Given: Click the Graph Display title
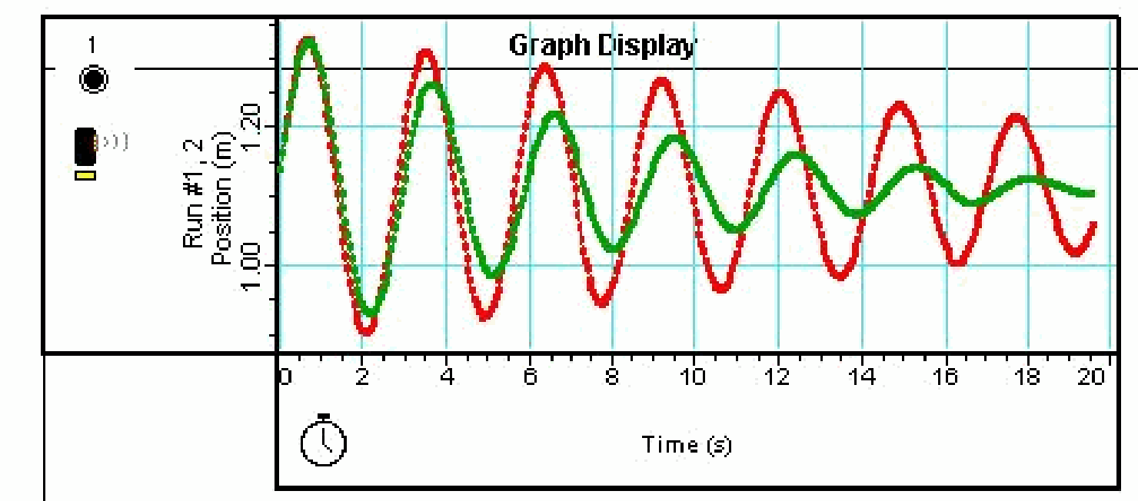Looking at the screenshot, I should pyautogui.click(x=601, y=46).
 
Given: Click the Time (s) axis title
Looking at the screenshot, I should pyautogui.click(x=687, y=444).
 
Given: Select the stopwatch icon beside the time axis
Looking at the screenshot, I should pyautogui.click(x=323, y=441).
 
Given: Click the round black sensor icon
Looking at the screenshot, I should pyautogui.click(x=94, y=78).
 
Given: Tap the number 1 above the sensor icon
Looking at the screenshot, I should pyautogui.click(x=92, y=46).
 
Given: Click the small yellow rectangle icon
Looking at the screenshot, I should pyautogui.click(x=85, y=176).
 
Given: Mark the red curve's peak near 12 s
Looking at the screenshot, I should pyautogui.click(x=780, y=95).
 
